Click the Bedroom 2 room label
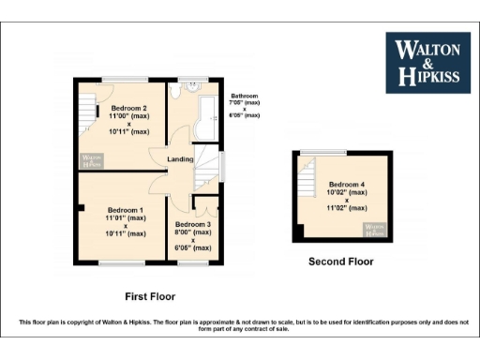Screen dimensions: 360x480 pos(128,109)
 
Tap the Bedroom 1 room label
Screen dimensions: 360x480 pos(126,209)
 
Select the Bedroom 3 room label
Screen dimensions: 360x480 pos(192,225)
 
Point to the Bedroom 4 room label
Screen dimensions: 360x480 pos(346,185)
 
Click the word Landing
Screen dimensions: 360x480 pos(180,159)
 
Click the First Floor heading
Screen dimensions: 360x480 pos(149,295)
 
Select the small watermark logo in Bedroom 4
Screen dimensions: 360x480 pos(373,227)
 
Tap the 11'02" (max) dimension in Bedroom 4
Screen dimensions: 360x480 pos(346,208)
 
